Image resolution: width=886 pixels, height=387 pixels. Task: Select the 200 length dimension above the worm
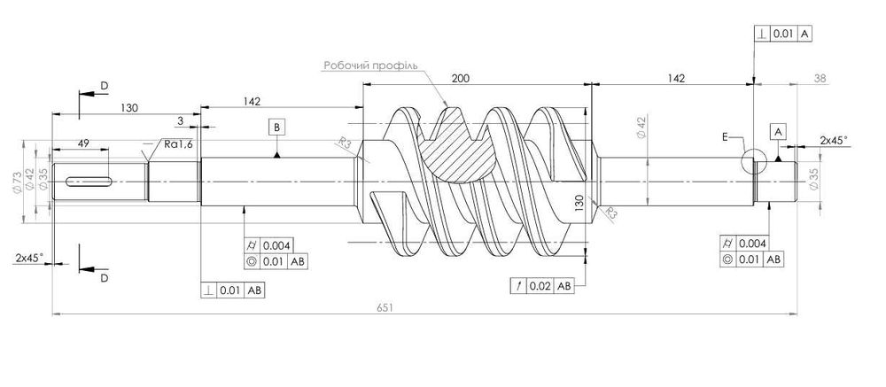point(461,79)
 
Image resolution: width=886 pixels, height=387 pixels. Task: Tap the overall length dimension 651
point(384,306)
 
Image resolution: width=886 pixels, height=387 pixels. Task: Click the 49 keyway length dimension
point(84,143)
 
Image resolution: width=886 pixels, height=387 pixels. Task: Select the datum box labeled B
point(277,128)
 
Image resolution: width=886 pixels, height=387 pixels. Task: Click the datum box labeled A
point(778,130)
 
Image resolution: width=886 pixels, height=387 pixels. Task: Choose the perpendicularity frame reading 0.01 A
point(783,35)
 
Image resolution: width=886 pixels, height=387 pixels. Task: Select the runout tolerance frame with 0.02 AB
point(543,286)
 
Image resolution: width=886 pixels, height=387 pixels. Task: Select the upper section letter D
point(104,85)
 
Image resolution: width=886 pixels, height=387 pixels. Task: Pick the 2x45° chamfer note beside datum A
point(833,141)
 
